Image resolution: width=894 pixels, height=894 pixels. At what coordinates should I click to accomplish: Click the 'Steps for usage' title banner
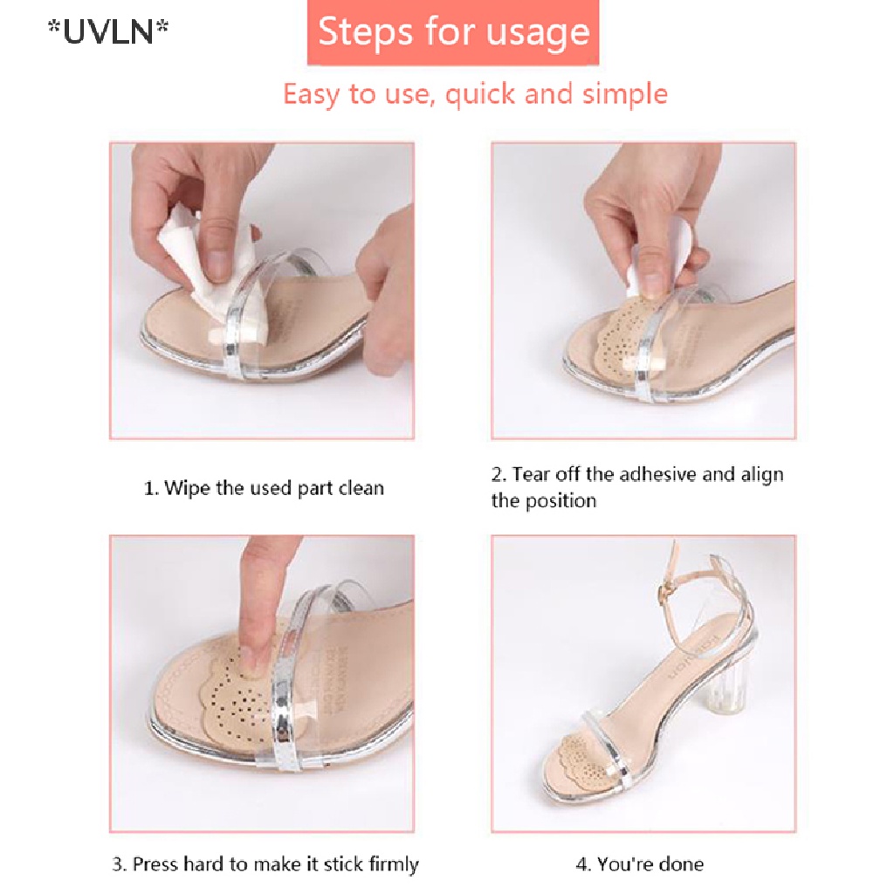pos(453,32)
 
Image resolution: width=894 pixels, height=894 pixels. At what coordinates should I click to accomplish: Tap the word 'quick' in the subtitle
pos(481,93)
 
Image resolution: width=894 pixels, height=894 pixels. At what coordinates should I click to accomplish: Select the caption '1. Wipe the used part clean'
pos(264,488)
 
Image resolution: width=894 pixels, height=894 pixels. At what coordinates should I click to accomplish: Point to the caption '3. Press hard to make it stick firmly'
pos(265,864)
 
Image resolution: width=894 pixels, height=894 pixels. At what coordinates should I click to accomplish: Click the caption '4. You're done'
pos(640,864)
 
